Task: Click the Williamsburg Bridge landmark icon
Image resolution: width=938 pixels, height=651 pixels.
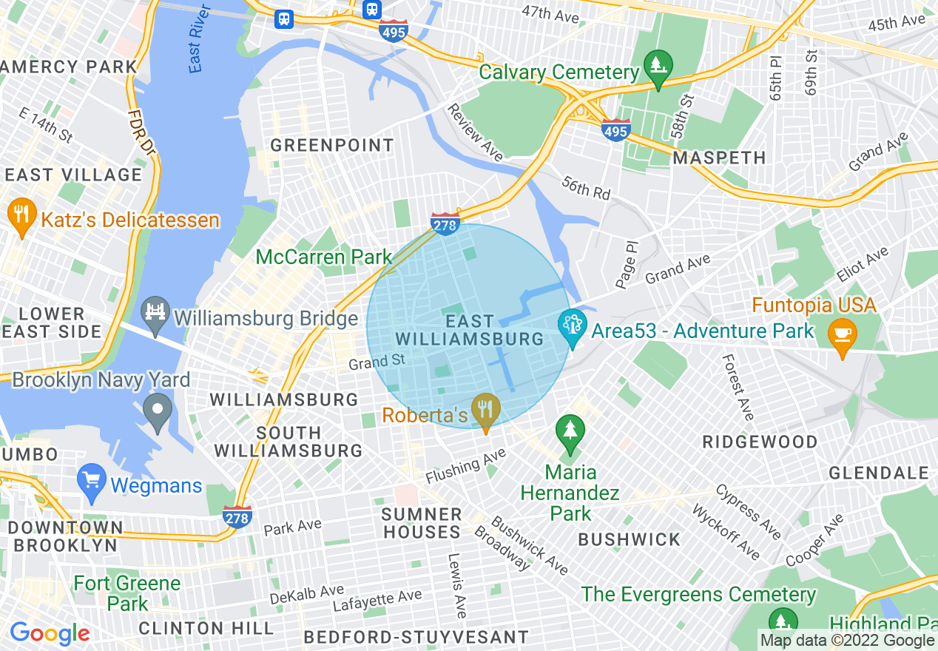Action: point(155,313)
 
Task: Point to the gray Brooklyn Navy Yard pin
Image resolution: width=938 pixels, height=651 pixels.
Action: point(157,408)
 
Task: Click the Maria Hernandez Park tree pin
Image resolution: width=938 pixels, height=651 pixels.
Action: point(570,431)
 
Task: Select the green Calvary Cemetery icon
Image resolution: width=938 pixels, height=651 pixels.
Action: point(657,66)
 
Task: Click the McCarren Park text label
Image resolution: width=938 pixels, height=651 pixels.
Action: point(323,257)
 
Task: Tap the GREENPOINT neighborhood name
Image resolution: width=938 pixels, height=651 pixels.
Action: point(331,145)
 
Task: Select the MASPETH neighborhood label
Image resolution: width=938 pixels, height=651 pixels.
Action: point(719,158)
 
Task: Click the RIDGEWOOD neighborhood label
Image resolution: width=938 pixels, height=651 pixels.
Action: point(760,442)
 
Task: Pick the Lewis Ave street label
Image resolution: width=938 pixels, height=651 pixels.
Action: point(456,585)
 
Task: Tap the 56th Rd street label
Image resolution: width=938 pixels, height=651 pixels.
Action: point(586,188)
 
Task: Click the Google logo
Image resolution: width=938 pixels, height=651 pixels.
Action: point(50,633)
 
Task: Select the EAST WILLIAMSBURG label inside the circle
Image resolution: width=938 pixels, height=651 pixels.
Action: point(470,330)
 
